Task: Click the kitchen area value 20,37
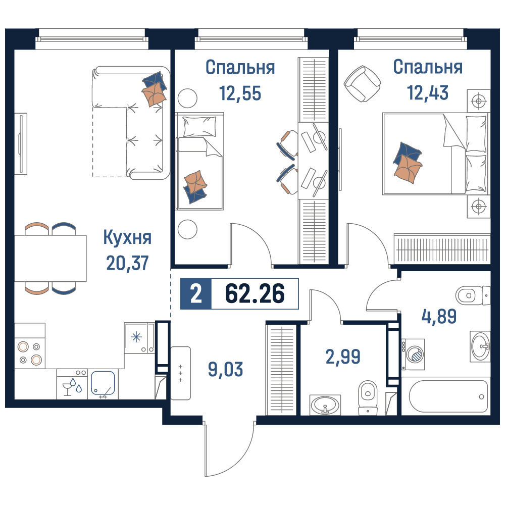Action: (128, 263)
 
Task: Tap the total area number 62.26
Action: (255, 293)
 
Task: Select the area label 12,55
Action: (240, 93)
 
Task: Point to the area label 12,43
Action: (428, 92)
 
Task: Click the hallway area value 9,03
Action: (225, 369)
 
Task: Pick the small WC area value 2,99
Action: (343, 357)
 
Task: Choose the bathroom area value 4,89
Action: (439, 316)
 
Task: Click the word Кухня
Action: (128, 238)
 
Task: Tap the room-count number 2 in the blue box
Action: (196, 294)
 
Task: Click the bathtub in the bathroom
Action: (448, 396)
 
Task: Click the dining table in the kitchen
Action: (50, 258)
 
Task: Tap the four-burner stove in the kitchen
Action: (30, 353)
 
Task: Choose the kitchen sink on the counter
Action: (103, 383)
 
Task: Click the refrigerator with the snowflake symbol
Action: (139, 338)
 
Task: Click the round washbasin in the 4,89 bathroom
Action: (480, 346)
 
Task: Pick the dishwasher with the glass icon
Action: (72, 384)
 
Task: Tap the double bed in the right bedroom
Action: (436, 154)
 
